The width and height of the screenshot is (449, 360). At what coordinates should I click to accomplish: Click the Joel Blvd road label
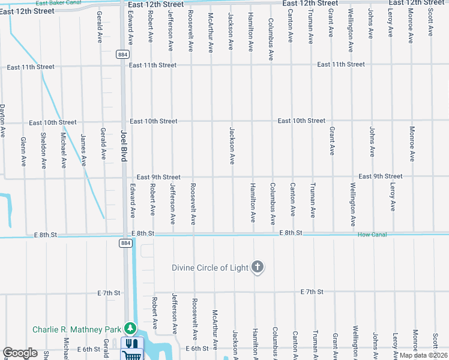(124, 143)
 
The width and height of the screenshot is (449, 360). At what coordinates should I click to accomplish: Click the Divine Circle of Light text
(209, 268)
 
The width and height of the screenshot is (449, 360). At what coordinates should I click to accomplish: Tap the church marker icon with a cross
(258, 268)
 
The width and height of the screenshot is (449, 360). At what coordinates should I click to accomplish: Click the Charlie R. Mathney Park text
(76, 329)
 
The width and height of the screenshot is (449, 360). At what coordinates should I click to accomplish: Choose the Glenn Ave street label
(23, 152)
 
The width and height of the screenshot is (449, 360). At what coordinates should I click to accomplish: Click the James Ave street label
(83, 150)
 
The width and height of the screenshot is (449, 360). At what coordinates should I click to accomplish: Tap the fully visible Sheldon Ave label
(44, 150)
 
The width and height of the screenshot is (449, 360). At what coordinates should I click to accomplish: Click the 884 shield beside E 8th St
(125, 243)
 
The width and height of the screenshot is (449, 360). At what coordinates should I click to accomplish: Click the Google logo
(20, 353)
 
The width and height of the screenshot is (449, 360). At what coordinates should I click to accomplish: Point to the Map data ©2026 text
(423, 355)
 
